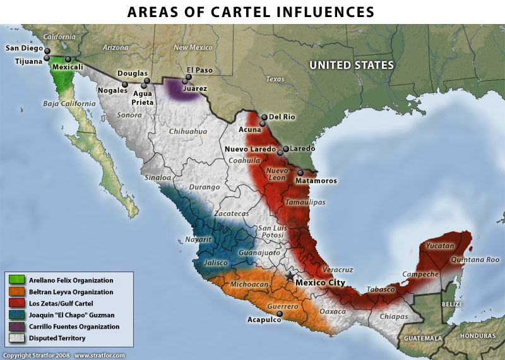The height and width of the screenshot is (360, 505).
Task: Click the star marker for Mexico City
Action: pos(290,276)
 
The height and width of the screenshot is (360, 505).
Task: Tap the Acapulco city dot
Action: pos(280,313)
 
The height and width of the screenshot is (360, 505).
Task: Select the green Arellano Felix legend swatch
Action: pos(17,280)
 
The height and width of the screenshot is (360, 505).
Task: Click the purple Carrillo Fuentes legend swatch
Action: pos(17,327)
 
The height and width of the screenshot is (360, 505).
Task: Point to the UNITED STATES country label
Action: pos(351,66)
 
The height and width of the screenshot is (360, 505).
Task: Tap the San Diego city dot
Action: pos(47,49)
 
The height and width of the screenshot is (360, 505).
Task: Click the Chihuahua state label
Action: pos(188,131)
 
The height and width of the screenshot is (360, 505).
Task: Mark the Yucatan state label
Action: pos(439,245)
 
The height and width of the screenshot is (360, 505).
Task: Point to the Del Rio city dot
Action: pos(264,117)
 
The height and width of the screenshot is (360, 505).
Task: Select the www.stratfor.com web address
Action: pos(100,356)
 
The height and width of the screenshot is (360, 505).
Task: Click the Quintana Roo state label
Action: pos(474,260)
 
